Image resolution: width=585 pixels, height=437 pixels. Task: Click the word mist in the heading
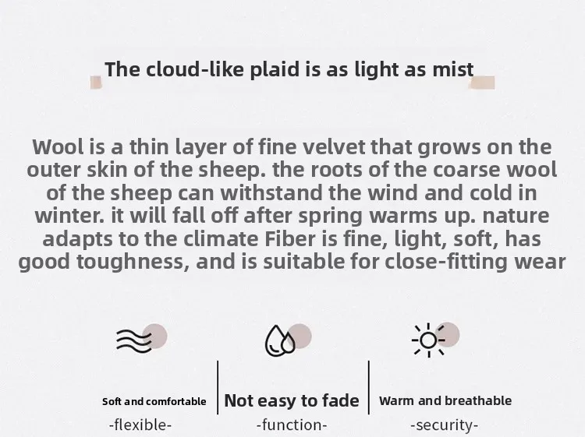[453, 69]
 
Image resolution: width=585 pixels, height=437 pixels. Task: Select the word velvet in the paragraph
[334, 146]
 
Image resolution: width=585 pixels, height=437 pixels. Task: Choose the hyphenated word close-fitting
[446, 262]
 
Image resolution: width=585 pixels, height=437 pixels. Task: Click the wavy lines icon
[134, 340]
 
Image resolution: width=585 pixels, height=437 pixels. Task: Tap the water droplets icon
[280, 341]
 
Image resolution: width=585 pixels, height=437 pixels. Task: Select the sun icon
[428, 340]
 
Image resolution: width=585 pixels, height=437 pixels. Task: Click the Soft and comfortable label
[154, 402]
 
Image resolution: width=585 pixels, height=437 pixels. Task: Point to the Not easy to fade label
[292, 401]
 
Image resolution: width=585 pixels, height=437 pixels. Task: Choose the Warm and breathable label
[445, 401]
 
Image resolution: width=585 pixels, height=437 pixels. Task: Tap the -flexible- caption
[140, 425]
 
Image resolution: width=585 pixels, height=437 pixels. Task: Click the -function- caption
[292, 425]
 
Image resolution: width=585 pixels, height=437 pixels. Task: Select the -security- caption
[444, 425]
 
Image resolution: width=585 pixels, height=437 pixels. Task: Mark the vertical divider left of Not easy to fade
[218, 387]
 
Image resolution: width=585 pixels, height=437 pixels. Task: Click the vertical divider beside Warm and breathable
[369, 387]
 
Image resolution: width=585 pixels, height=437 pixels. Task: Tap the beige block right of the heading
[482, 83]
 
